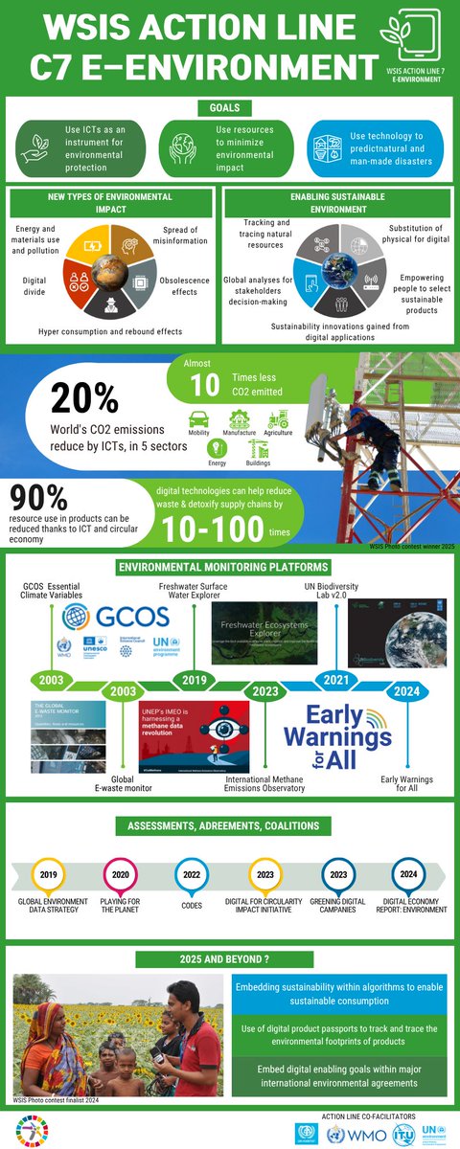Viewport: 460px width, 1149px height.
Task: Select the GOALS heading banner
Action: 229,108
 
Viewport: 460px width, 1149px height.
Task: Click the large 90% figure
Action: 39,499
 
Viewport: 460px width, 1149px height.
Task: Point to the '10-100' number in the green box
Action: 212,529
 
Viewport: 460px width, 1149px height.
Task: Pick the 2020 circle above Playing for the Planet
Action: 120,874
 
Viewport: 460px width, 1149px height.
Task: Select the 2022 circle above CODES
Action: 191,874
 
